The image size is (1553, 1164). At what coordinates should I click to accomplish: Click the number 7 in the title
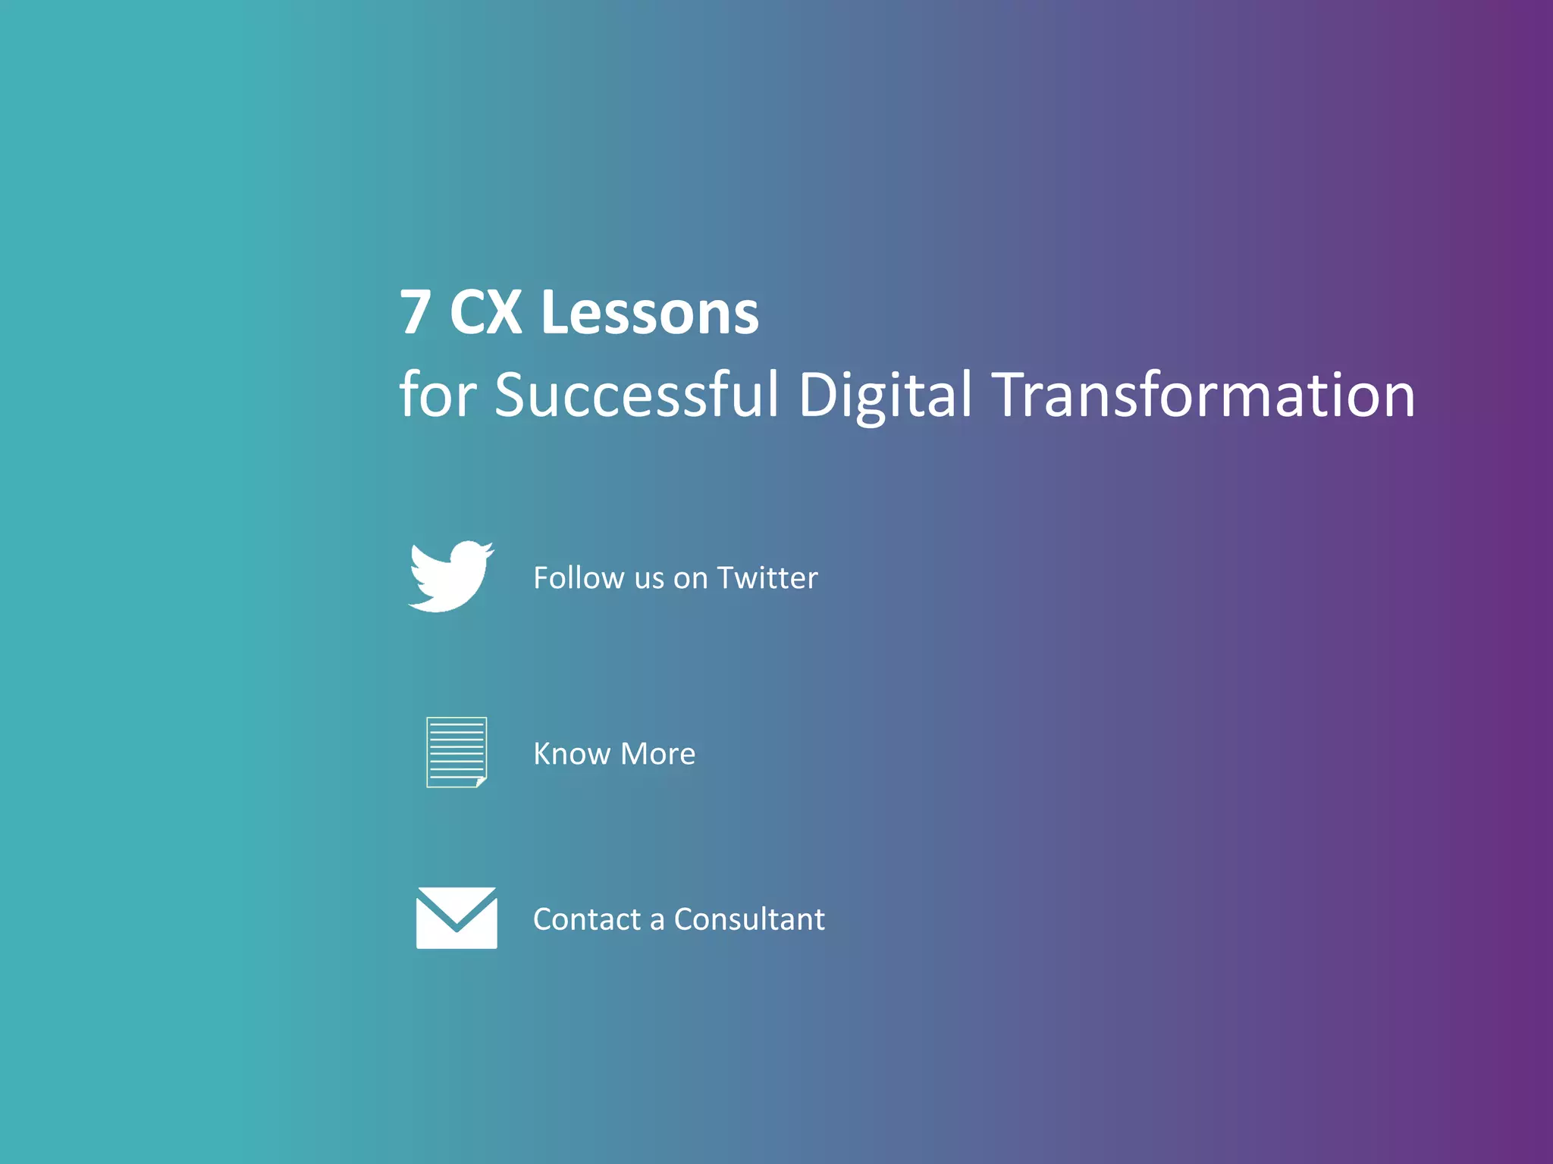coord(416,312)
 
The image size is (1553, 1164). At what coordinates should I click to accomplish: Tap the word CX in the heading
coord(485,312)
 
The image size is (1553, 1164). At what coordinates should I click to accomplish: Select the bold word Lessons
coord(649,312)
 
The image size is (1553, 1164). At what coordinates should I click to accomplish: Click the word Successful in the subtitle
coord(636,395)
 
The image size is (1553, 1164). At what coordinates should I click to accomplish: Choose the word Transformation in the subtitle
coord(1203,395)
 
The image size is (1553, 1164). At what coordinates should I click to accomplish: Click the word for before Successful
coord(438,395)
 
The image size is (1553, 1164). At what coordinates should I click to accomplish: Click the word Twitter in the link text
coord(767,578)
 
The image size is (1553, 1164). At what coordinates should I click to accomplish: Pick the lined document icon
coord(456,752)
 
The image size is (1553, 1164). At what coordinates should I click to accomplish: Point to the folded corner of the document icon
coord(481,781)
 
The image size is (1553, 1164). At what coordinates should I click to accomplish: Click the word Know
coord(571,754)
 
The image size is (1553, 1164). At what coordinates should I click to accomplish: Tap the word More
coord(657,754)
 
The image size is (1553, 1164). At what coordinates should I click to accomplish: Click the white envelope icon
coord(456,918)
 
